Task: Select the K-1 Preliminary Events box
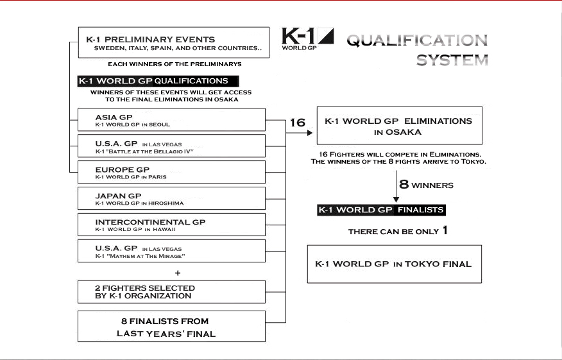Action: (x=173, y=43)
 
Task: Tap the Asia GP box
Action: (x=171, y=120)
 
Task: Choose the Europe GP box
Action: (x=171, y=172)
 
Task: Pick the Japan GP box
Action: (x=171, y=198)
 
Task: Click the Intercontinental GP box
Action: (x=171, y=225)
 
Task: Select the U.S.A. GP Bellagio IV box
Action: (x=171, y=146)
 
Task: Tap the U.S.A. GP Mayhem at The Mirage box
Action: (x=171, y=251)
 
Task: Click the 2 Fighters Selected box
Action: (x=171, y=292)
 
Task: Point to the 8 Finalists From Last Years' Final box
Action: (x=171, y=326)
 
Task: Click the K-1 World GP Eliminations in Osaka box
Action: (x=398, y=126)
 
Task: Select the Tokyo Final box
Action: (x=394, y=264)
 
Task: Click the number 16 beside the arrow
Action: (x=297, y=123)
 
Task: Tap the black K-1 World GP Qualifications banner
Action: (x=158, y=81)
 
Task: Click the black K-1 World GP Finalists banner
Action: (x=381, y=210)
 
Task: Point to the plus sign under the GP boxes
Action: (x=178, y=272)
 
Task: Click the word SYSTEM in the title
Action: (x=452, y=61)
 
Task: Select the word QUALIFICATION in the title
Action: (x=417, y=40)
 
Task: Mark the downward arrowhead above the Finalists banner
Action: (x=396, y=200)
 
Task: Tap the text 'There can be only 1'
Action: (x=398, y=231)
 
